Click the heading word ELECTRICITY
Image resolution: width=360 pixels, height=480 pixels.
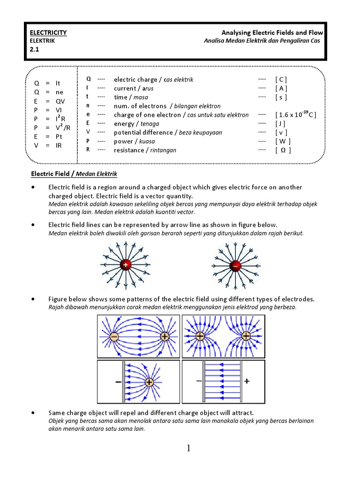pos(48,32)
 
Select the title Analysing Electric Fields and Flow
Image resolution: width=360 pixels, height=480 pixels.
pos(272,32)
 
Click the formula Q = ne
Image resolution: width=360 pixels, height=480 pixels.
pos(48,92)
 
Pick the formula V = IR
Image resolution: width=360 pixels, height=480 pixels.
pos(48,145)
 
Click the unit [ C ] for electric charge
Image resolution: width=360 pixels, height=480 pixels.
pos(281,80)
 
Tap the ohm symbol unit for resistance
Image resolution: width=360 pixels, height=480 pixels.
pos(283,150)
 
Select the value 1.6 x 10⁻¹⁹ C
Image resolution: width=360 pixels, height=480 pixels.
pos(296,115)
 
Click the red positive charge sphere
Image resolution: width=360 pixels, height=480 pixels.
pos(125,265)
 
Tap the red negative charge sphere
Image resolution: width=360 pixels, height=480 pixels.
pos(235,266)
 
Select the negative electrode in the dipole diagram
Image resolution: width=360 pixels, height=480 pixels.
pos(114,337)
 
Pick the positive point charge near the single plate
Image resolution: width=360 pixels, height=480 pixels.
pos(149,382)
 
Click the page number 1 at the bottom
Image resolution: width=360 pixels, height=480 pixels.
pos(188,449)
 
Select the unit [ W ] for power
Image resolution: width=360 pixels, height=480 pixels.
pos(283,141)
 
